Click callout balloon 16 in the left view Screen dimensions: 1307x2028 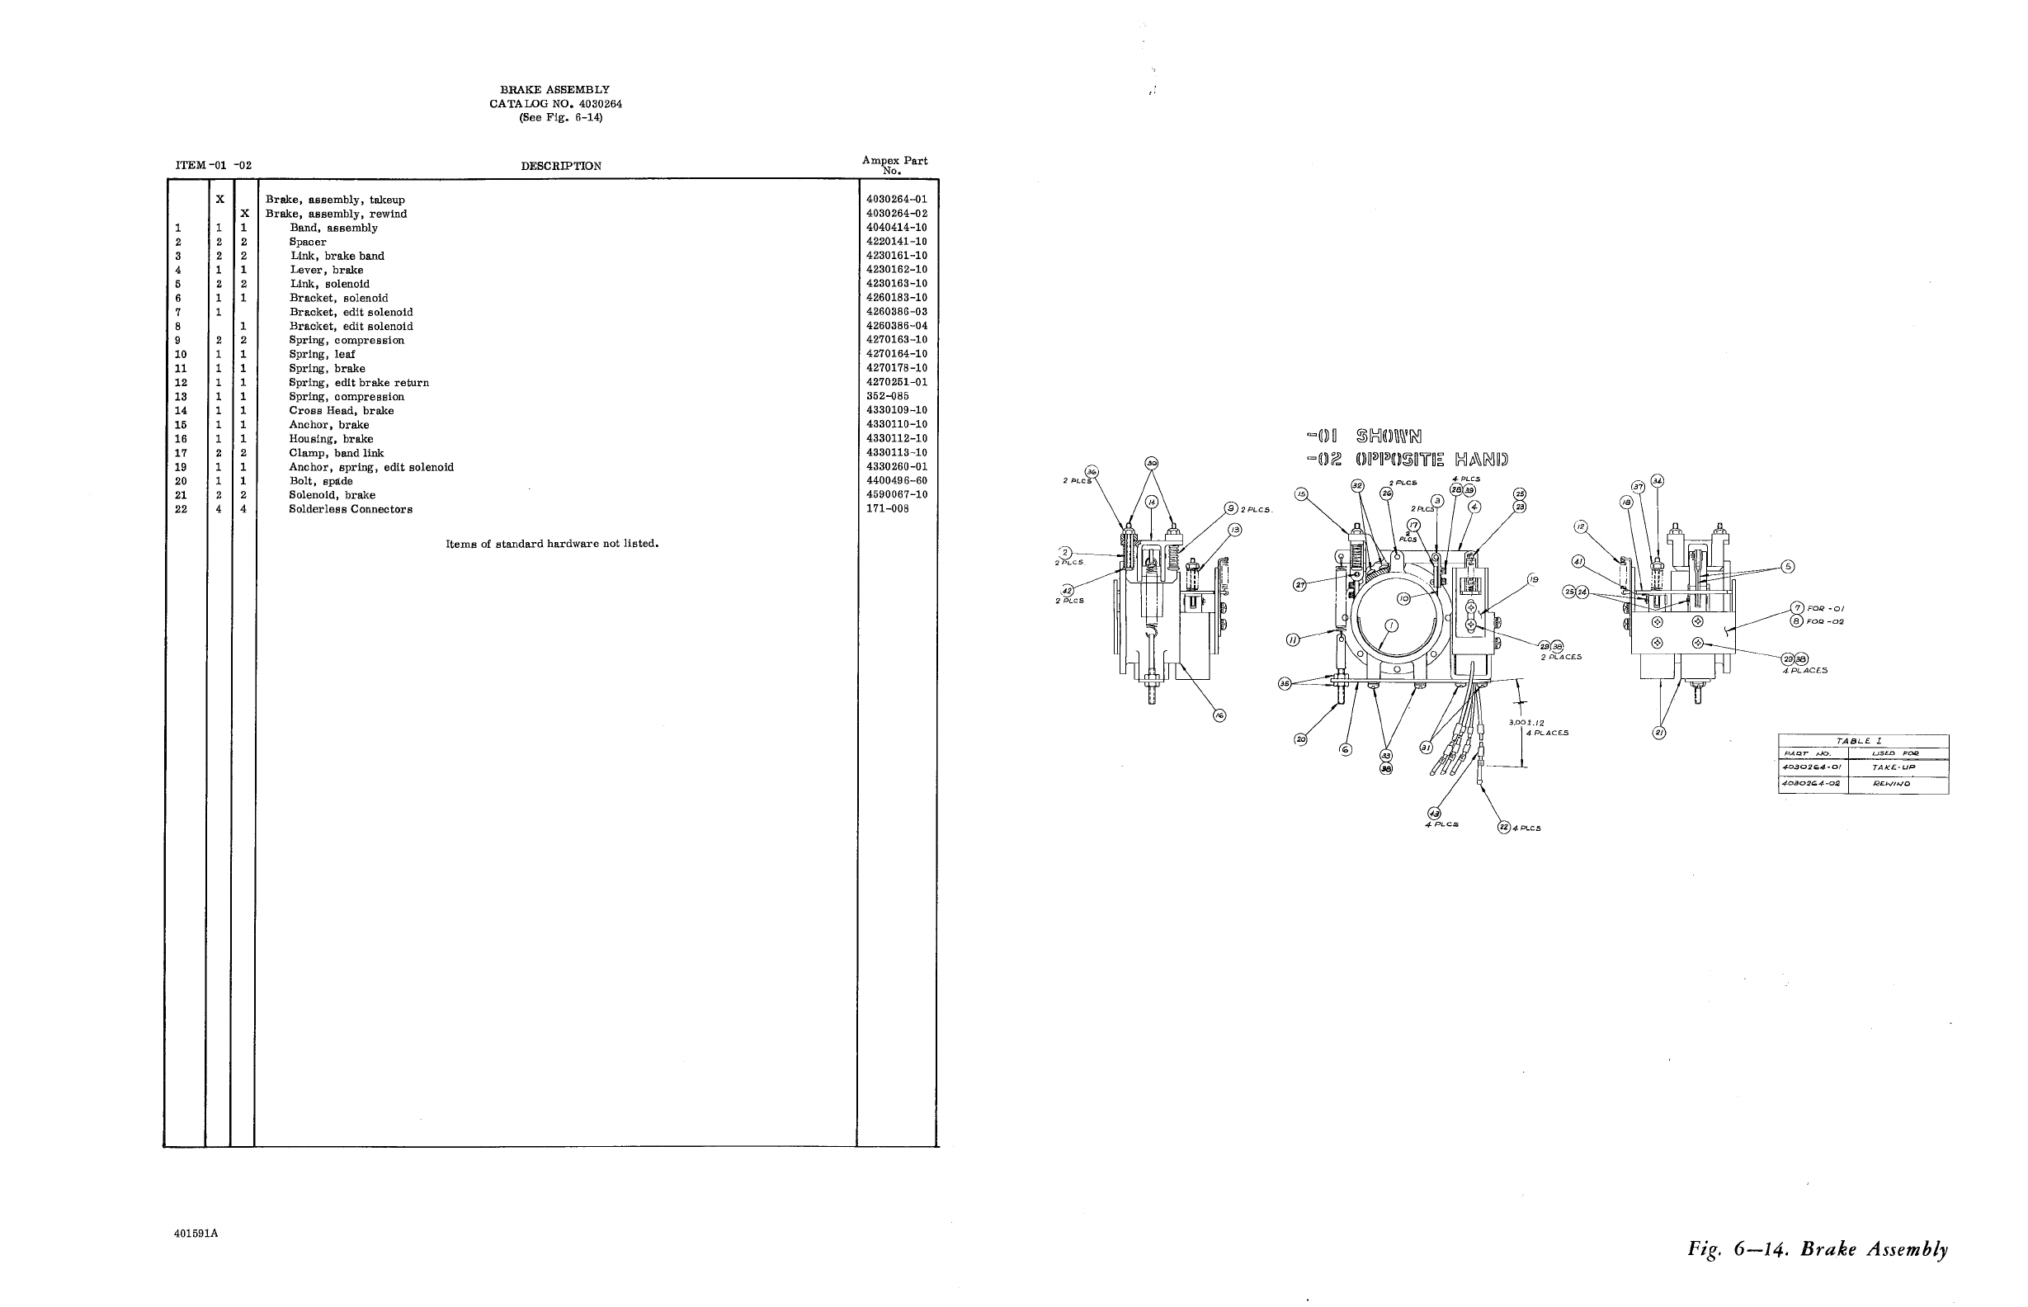pyautogui.click(x=1219, y=715)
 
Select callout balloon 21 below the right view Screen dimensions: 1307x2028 pyautogui.click(x=1659, y=733)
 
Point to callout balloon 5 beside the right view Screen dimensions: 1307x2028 pyautogui.click(x=1787, y=567)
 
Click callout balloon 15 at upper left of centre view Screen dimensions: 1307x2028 pyautogui.click(x=1302, y=495)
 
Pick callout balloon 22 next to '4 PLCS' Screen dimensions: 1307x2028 pyautogui.click(x=1503, y=828)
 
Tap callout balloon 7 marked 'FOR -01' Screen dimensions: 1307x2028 pyautogui.click(x=1796, y=607)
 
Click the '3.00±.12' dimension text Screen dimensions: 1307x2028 pyautogui.click(x=1526, y=723)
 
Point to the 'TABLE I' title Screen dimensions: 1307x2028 pyautogui.click(x=1863, y=741)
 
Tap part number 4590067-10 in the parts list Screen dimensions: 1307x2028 pyautogui.click(x=896, y=495)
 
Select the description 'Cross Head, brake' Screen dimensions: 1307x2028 pyautogui.click(x=341, y=411)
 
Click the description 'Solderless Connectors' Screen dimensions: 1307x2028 pyautogui.click(x=351, y=509)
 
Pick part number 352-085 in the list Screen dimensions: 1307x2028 pyautogui.click(x=887, y=396)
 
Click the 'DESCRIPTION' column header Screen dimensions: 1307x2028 pyautogui.click(x=561, y=167)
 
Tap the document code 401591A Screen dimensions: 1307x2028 pyautogui.click(x=196, y=1234)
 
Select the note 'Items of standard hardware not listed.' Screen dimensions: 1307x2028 pyautogui.click(x=551, y=544)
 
